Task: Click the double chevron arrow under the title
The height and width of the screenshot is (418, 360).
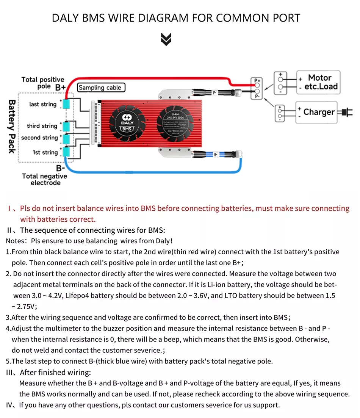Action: coord(166,39)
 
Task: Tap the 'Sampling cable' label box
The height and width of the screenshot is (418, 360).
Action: coord(101,88)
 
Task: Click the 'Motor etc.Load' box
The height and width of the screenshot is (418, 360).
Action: coord(318,82)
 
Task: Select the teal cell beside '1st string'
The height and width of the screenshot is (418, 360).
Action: coord(67,152)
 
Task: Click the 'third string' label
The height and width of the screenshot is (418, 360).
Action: coord(42,126)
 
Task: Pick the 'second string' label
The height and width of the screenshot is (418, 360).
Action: coord(39,138)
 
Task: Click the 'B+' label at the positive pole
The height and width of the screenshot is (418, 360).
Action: coord(61,88)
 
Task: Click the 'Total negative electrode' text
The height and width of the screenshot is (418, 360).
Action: coord(45,180)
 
